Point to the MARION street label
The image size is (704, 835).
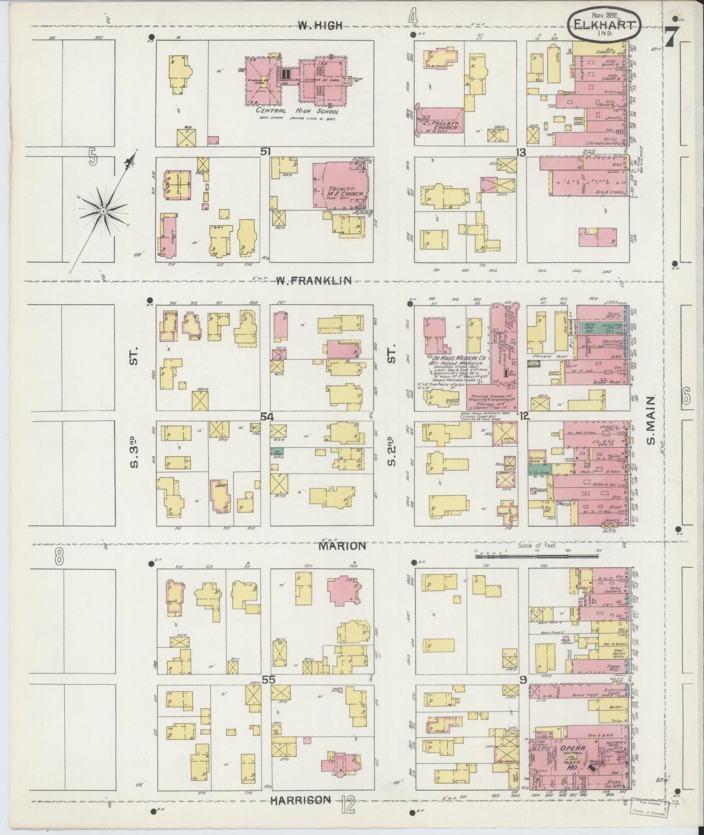point(342,546)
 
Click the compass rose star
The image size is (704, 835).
point(103,211)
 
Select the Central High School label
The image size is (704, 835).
point(297,111)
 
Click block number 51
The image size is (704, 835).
point(265,152)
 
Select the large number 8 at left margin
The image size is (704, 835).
point(59,556)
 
